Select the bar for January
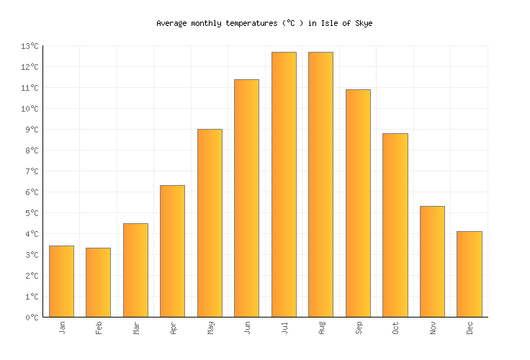tap(61, 282)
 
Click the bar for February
tap(98, 282)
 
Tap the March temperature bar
tap(135, 270)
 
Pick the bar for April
tap(172, 251)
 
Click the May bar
tap(210, 223)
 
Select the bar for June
tap(246, 198)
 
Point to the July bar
tap(284, 184)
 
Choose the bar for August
tap(320, 184)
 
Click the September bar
tap(358, 203)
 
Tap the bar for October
tap(395, 225)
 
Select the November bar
tap(432, 261)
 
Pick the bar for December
tap(469, 274)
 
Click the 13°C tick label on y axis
tap(30, 46)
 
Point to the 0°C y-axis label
tap(32, 318)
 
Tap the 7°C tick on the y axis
tap(32, 171)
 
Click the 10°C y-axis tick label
tap(30, 109)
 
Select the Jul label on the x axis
tap(284, 328)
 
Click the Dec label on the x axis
tap(470, 328)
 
